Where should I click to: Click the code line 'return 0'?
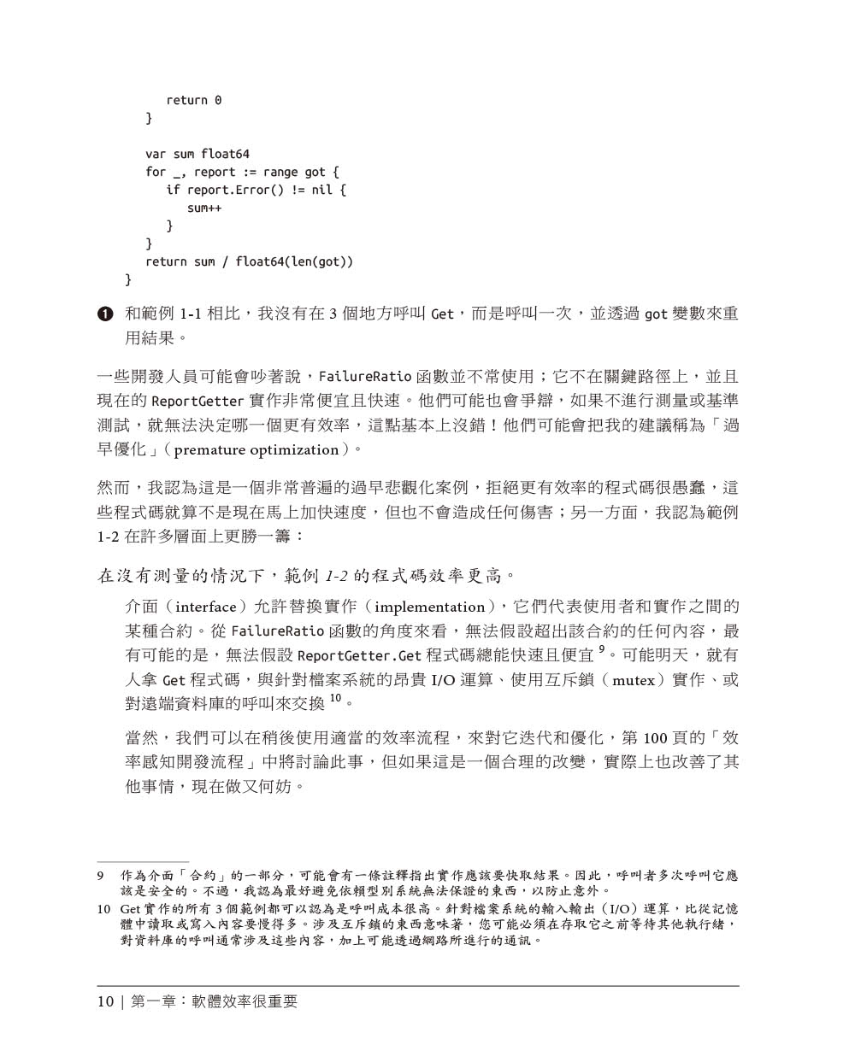193,101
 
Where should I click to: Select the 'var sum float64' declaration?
198,155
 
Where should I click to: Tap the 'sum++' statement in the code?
204,208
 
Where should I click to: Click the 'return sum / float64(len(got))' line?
249,262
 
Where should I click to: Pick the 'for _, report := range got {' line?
242,173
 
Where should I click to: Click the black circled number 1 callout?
105,314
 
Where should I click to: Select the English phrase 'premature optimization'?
256,450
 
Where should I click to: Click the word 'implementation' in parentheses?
430,607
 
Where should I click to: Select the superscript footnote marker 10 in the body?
335,699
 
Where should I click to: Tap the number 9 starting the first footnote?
101,876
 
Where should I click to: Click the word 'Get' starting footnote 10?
130,909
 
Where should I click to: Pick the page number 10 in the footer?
105,1001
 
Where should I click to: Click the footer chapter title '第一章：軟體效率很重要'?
214,1001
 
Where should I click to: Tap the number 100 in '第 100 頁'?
654,738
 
